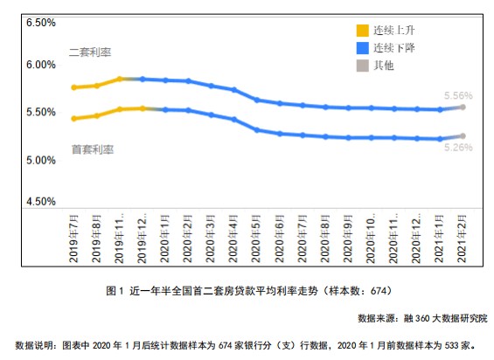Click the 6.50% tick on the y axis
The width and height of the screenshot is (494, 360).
tap(38, 20)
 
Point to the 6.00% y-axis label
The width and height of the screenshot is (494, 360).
tap(38, 66)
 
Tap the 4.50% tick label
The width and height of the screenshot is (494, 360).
tap(38, 202)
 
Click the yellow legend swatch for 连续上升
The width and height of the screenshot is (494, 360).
tap(358, 29)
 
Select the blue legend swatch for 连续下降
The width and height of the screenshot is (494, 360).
tap(358, 47)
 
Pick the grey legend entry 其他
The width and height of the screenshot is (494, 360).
tap(358, 65)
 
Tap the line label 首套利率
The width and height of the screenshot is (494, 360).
tap(93, 149)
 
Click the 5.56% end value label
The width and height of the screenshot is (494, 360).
tap(457, 95)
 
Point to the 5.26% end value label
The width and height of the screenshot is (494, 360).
tap(457, 148)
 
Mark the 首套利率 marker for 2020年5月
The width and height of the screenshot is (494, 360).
tap(257, 130)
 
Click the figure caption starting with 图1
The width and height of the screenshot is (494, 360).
tap(246, 289)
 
